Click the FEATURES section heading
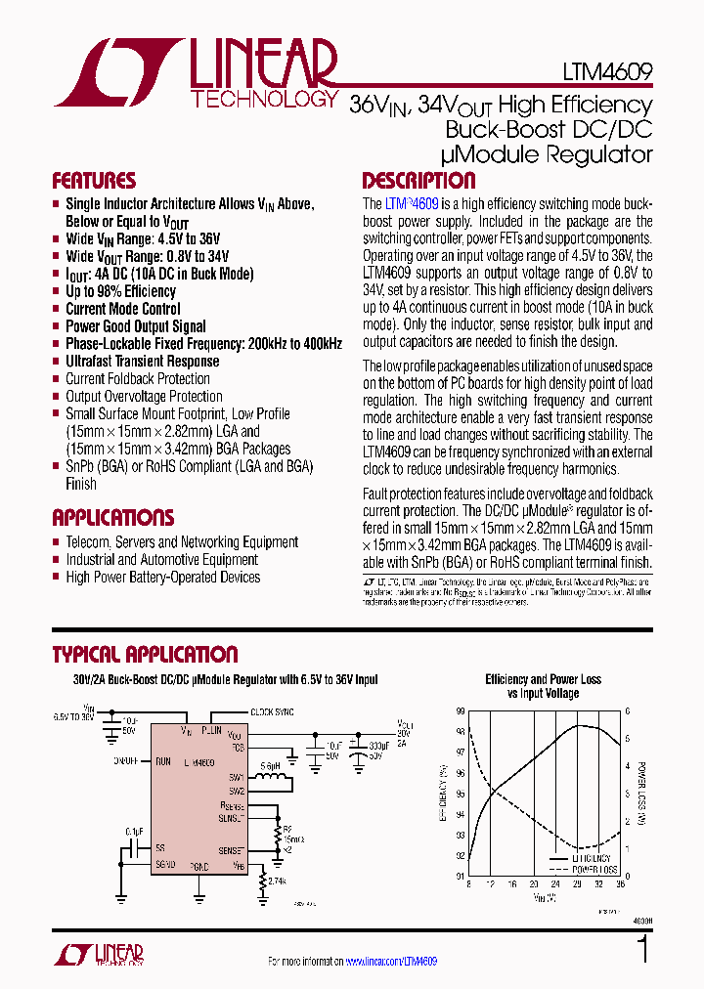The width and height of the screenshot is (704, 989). (94, 181)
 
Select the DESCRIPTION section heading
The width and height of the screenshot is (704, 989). (418, 181)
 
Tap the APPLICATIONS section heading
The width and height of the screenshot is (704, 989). (112, 518)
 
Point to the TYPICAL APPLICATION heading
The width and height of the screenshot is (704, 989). (145, 655)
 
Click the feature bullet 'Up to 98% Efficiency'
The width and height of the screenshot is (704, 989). (120, 291)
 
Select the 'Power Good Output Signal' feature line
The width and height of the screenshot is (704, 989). (135, 326)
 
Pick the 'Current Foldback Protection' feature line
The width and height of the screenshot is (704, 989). (137, 379)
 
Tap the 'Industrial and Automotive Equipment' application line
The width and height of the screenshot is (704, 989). (161, 560)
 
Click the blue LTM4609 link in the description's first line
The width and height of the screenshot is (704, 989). (412, 204)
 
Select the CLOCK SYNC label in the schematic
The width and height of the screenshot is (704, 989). (273, 712)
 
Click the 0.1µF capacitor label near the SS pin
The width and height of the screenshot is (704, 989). (134, 831)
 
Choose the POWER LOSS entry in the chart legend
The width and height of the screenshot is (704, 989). (595, 869)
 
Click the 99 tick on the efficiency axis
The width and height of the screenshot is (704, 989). (460, 711)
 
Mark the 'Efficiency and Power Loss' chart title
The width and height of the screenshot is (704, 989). (543, 679)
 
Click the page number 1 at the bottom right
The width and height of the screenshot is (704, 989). (642, 950)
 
